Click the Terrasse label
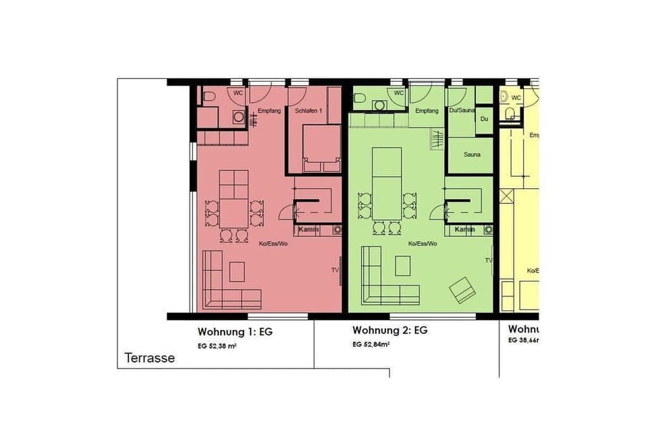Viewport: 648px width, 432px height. tap(150, 358)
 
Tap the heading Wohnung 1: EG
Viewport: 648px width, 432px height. tap(235, 331)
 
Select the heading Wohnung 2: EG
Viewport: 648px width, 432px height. tap(389, 330)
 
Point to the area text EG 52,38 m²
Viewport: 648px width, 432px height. tap(217, 346)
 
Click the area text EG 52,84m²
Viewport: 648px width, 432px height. tap(371, 344)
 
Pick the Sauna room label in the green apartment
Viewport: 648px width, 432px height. tap(472, 155)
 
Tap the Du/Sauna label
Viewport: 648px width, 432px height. tap(463, 110)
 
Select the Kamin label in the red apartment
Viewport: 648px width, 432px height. tap(308, 230)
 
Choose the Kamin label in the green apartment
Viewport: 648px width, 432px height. tap(464, 230)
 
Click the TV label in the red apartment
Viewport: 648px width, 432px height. tap(335, 270)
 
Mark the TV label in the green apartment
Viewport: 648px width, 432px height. tap(488, 260)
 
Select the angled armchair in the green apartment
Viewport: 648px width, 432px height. tap(462, 290)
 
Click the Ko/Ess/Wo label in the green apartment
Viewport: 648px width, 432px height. tap(423, 244)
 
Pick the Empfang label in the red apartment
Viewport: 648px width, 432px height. tap(269, 110)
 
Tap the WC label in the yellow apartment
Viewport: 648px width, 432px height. tap(516, 97)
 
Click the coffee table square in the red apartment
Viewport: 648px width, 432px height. tap(237, 271)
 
